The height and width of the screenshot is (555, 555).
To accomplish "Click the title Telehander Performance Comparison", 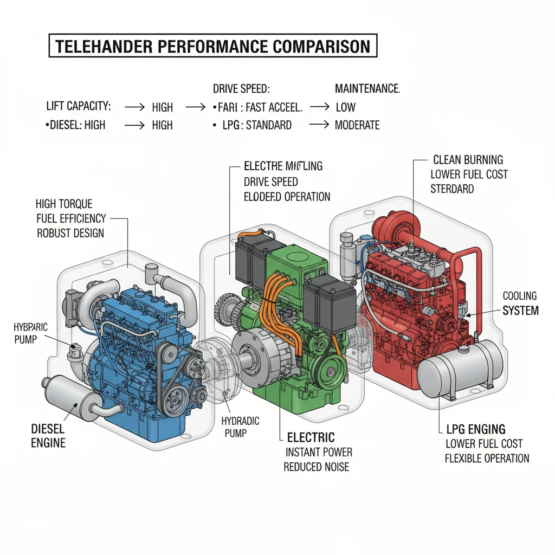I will tap(212, 46).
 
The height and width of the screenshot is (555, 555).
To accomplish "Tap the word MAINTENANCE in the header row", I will tap(367, 89).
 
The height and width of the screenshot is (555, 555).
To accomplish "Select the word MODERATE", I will tap(357, 125).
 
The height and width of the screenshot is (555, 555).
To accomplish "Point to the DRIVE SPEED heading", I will tap(241, 89).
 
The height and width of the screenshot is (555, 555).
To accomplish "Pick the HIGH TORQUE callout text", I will tap(64, 204).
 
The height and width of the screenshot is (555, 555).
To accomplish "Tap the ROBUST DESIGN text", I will tap(70, 233).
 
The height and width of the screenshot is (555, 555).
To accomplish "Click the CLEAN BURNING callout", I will tap(468, 160).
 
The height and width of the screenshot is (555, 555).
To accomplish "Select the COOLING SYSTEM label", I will tap(520, 304).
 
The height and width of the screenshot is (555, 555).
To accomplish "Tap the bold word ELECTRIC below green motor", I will tap(311, 437).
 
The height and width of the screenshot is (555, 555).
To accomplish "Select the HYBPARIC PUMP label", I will tap(30, 334).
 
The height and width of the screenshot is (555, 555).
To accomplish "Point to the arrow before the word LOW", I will tap(319, 107).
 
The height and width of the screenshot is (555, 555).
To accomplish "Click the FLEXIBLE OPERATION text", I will tap(487, 458).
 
